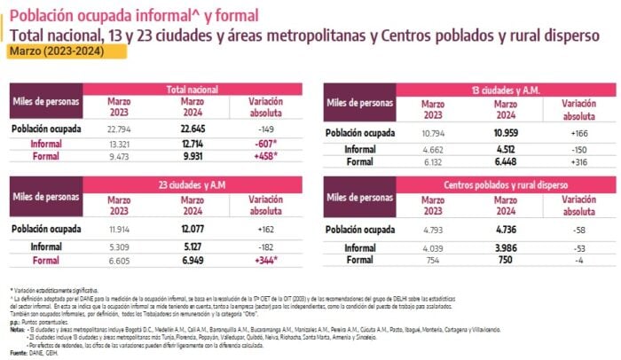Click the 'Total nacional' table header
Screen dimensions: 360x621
193,90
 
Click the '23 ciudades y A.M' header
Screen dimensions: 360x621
193,184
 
